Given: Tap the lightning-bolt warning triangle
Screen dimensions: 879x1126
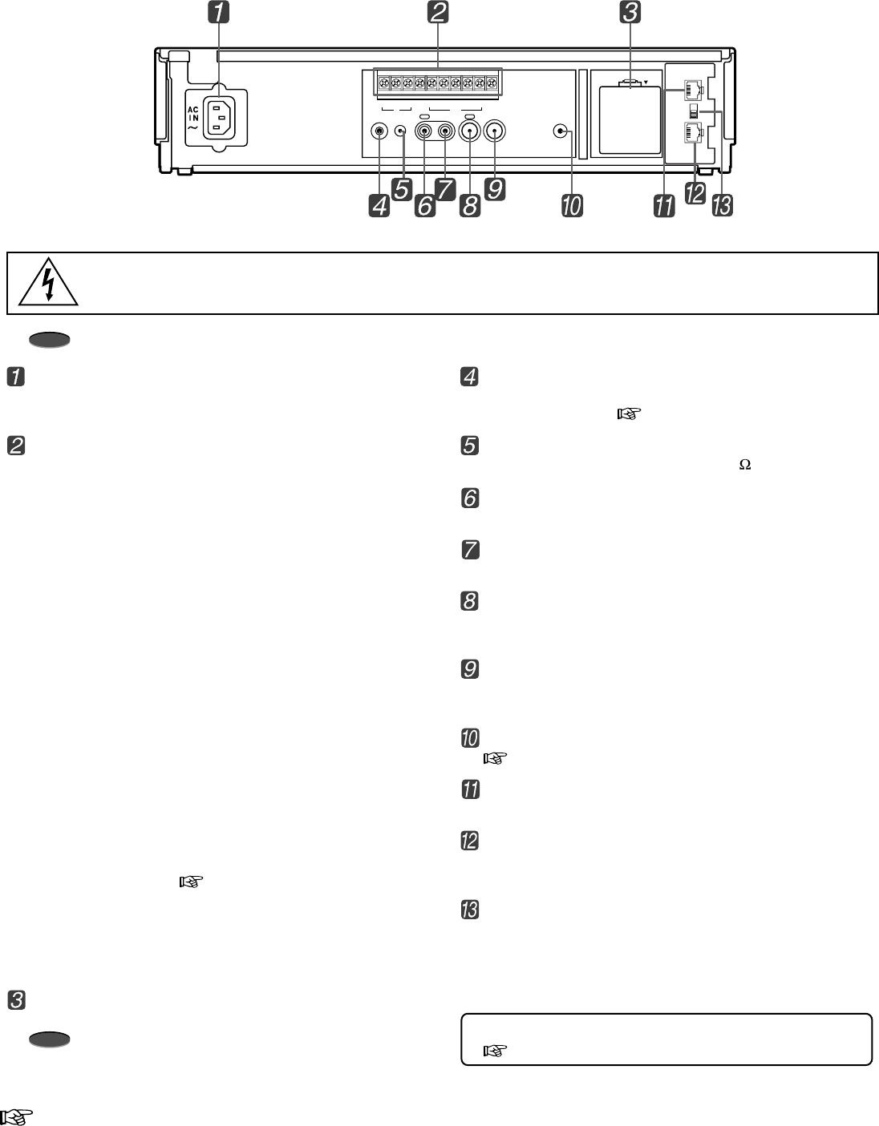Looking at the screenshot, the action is pos(50,284).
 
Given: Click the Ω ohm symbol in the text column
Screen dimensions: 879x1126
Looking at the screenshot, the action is pos(744,465).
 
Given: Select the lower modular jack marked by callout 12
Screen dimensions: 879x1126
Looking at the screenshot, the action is pos(690,131).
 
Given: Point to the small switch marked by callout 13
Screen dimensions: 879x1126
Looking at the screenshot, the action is pos(694,111).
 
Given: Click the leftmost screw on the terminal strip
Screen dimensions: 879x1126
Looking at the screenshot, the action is pos(384,83).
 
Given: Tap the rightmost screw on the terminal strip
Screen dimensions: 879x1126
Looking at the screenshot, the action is pos(491,83).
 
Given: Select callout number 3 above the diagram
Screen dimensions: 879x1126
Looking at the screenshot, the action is pos(630,14).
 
